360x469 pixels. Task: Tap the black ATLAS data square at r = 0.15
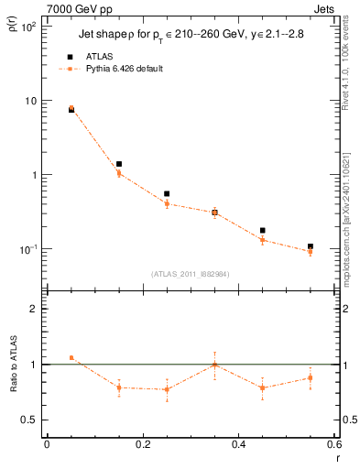(119, 164)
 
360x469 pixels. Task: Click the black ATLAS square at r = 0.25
(167, 194)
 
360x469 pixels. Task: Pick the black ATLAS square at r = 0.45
(263, 231)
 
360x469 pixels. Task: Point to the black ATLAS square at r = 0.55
(311, 246)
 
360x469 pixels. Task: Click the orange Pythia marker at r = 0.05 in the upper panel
(71, 108)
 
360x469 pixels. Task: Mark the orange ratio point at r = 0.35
(214, 365)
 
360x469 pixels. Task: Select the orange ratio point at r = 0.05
(71, 358)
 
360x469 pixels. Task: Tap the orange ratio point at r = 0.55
(311, 377)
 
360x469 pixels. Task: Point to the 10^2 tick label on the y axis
(27, 27)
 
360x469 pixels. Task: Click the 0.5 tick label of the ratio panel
(29, 420)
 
